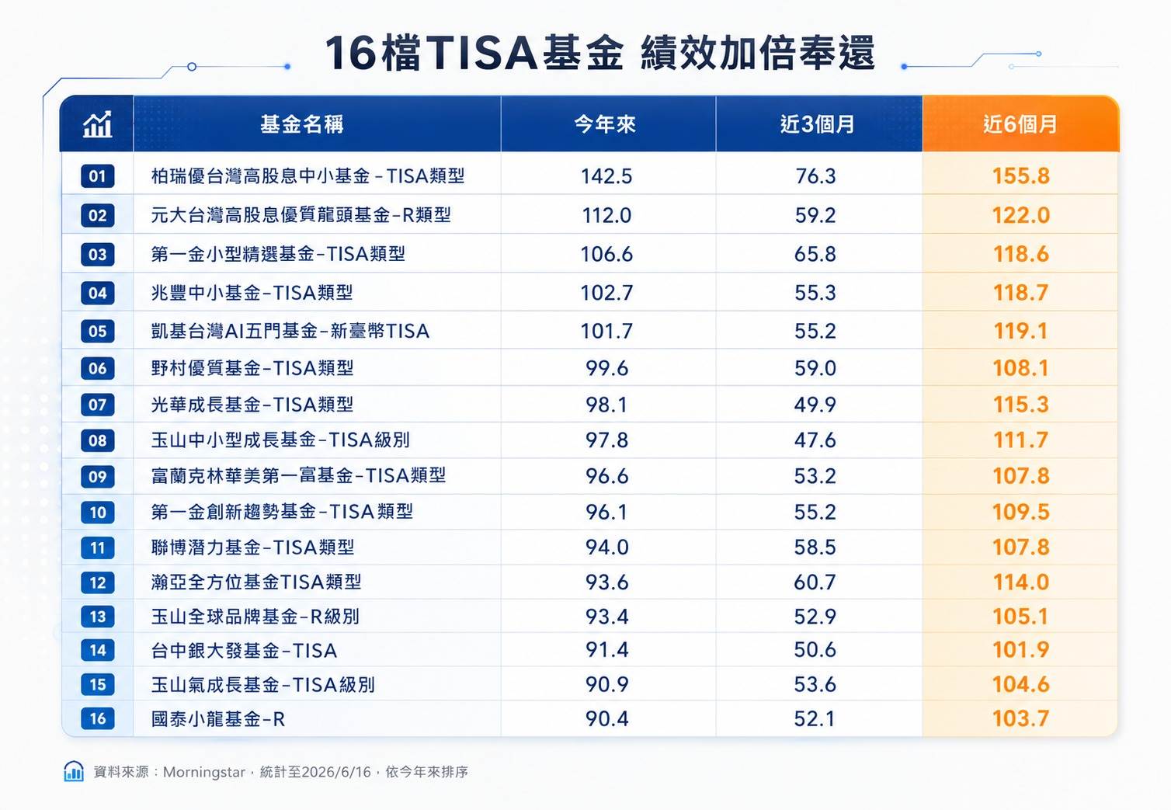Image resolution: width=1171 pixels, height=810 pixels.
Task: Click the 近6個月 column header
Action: [x=1020, y=124]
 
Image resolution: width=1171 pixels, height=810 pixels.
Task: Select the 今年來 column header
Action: [x=606, y=124]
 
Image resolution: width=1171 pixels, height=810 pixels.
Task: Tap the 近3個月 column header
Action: [x=817, y=124]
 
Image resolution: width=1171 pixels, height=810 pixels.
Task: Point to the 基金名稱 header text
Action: [x=302, y=124]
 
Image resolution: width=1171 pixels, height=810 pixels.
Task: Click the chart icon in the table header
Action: [x=97, y=124]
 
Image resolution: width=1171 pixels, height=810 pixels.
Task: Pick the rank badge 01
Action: [x=97, y=176]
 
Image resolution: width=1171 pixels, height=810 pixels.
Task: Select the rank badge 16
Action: [x=97, y=718]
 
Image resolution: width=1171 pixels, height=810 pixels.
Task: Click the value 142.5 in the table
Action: [x=606, y=176]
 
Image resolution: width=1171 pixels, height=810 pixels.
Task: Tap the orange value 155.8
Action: [x=1021, y=176]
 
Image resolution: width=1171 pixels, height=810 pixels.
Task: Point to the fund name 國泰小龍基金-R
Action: [x=218, y=719]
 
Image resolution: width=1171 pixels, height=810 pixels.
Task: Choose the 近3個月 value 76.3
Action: [x=815, y=176]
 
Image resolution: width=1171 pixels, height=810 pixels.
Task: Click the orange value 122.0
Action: [x=1021, y=215]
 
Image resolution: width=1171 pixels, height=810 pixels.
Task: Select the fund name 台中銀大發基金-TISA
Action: [x=244, y=651]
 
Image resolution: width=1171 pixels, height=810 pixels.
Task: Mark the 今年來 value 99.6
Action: [x=606, y=368]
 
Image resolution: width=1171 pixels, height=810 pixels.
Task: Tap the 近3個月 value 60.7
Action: [x=815, y=582]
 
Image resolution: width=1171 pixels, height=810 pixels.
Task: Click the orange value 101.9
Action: [x=1021, y=650]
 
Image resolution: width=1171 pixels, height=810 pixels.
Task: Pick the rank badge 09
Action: [x=97, y=476]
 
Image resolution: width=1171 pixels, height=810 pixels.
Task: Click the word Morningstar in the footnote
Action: [x=204, y=772]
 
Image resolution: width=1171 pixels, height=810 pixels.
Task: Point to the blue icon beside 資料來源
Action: [x=74, y=771]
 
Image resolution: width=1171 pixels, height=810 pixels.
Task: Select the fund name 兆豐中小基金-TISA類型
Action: [x=252, y=293]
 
